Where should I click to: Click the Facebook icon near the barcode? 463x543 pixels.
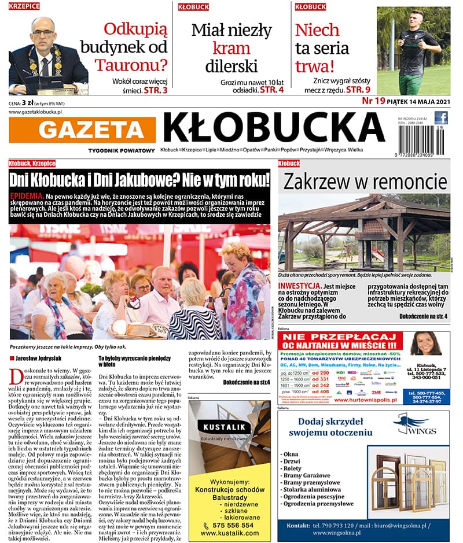click(441, 118)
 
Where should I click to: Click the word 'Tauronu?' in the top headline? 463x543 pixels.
click(131, 64)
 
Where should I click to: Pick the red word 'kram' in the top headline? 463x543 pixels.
click(231, 47)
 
